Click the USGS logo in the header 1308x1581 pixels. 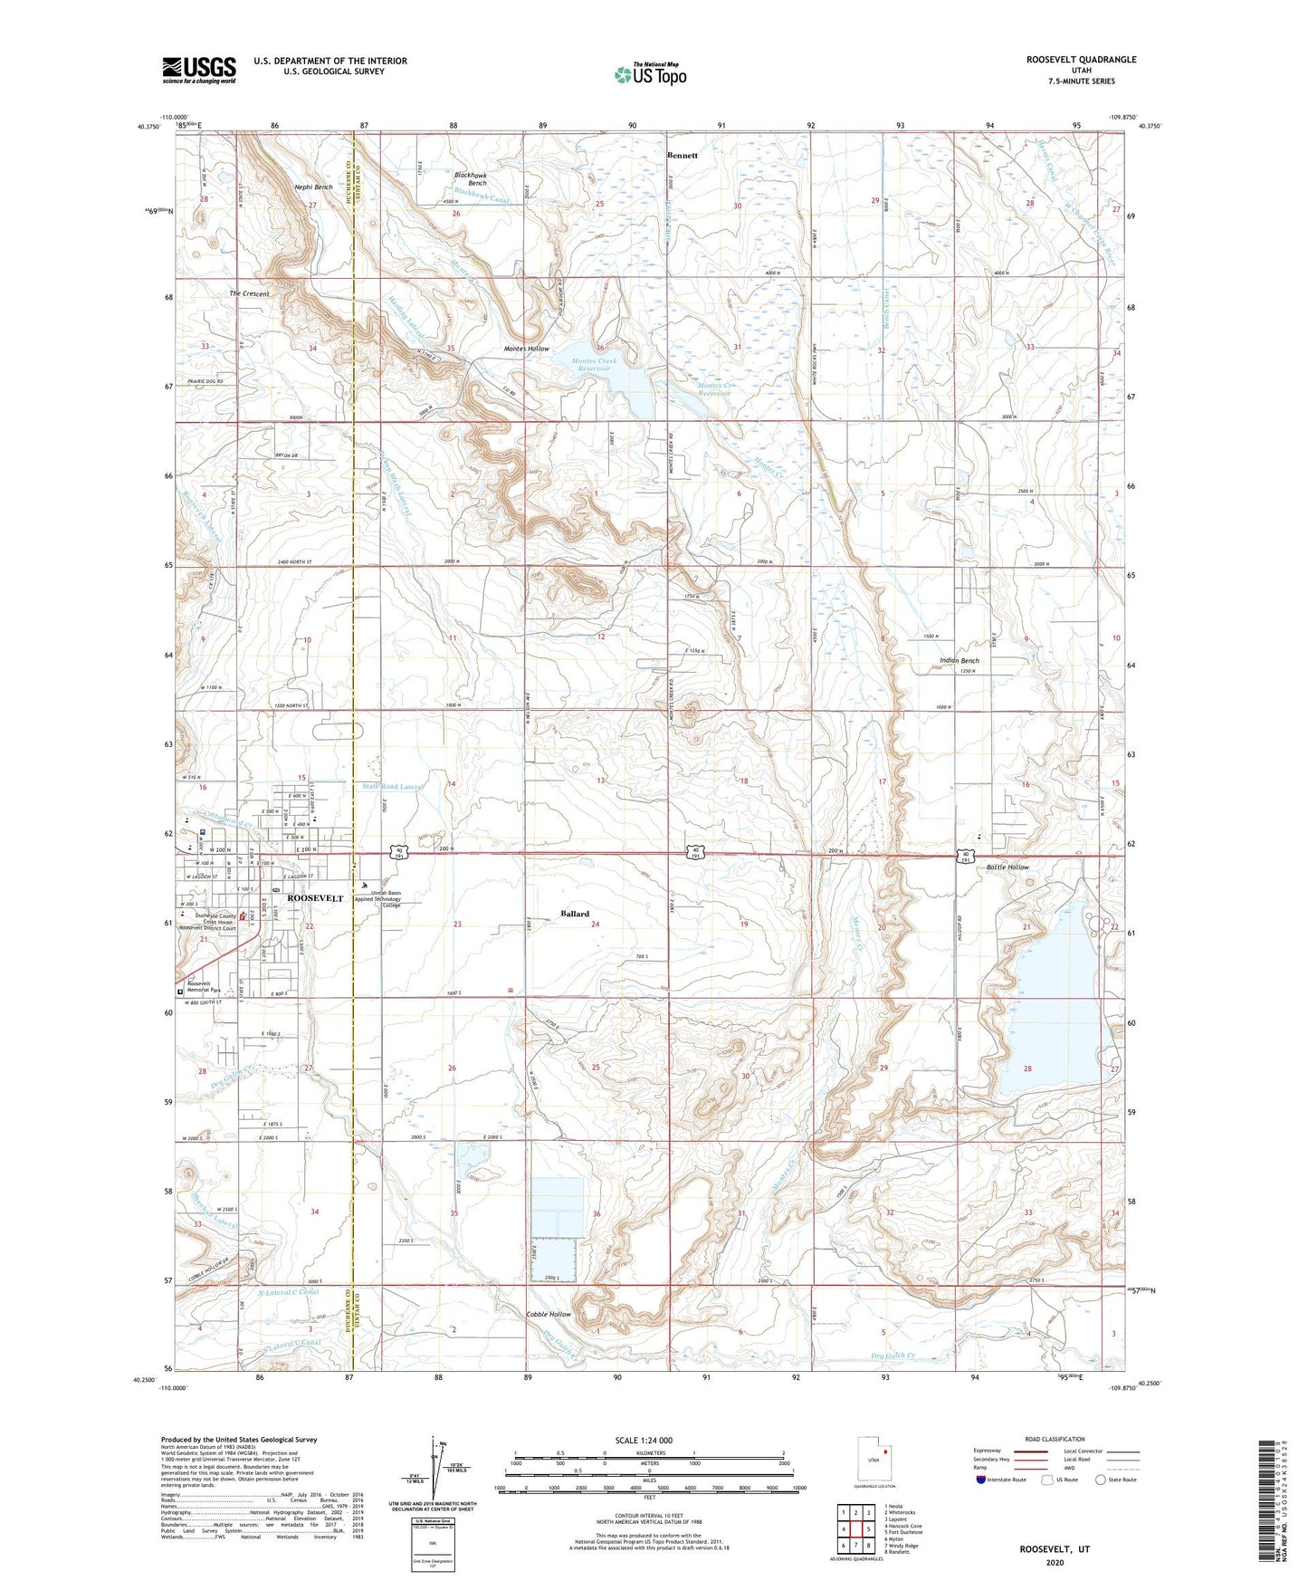click(x=199, y=70)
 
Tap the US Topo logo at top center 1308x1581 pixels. click(x=650, y=74)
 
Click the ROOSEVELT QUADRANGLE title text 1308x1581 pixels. click(x=1081, y=60)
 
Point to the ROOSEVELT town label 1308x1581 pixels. click(x=314, y=897)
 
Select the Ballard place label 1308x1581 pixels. click(x=574, y=914)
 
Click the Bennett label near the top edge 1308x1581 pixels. click(x=682, y=155)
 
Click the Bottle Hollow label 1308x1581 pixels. click(x=1007, y=867)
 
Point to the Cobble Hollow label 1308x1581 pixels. click(x=549, y=1314)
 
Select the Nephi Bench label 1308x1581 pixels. click(x=313, y=187)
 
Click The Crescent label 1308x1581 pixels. click(x=249, y=293)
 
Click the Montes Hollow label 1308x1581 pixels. click(x=526, y=349)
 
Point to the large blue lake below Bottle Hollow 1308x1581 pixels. click(x=1050, y=1014)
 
